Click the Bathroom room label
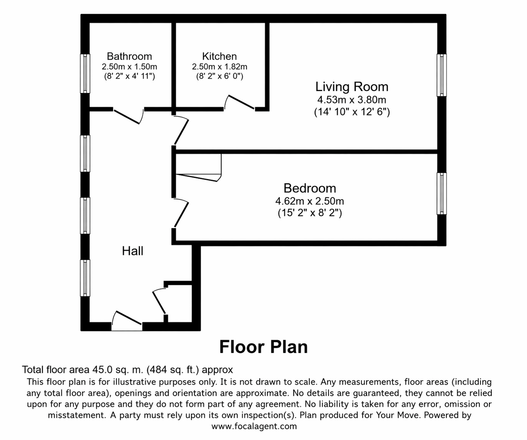129,56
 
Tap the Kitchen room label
219,56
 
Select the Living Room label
352,87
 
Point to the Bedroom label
309,188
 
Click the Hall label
132,251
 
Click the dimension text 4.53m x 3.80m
352,100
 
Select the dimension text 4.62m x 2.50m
309,201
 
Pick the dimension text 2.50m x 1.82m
219,67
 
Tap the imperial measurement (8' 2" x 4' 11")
129,76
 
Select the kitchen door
239,103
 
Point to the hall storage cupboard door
159,302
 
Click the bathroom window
85,73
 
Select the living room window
442,75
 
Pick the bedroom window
442,194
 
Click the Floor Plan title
263,347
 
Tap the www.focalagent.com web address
254,426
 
